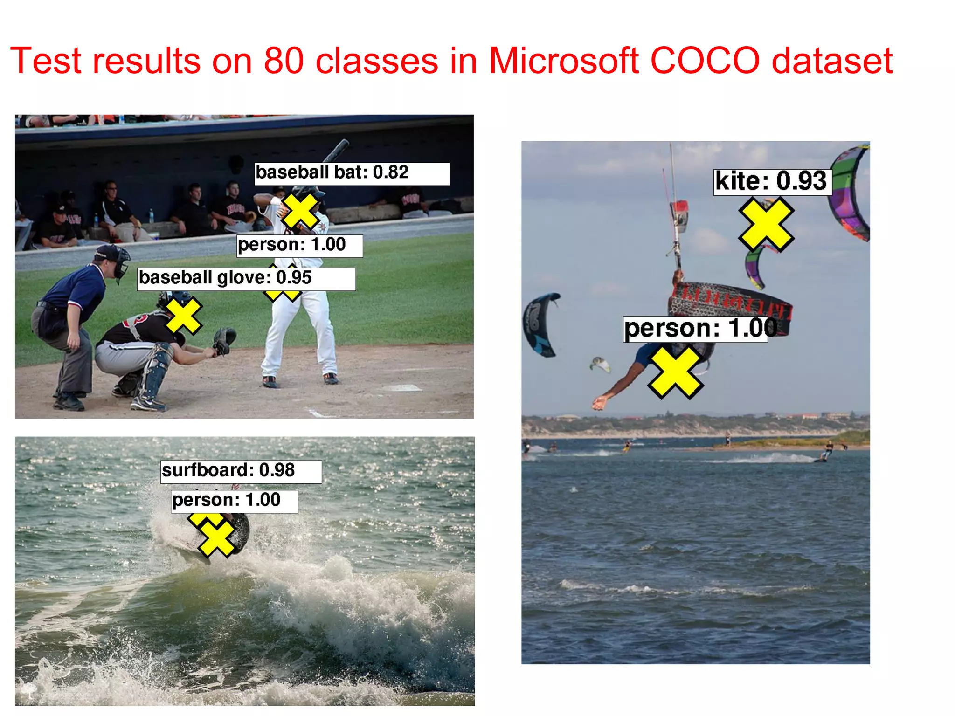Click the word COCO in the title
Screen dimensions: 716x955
coord(705,61)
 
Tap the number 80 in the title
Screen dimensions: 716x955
coord(284,61)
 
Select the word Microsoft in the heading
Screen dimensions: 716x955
coord(563,61)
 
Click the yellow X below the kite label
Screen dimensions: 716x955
coord(766,225)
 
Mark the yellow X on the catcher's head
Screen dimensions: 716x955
coord(183,316)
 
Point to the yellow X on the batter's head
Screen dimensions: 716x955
coord(300,211)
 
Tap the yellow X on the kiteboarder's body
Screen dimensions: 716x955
coord(675,372)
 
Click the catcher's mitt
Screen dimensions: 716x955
coord(224,340)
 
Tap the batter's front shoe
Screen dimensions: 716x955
coord(270,382)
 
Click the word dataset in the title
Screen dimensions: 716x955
coord(832,61)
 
